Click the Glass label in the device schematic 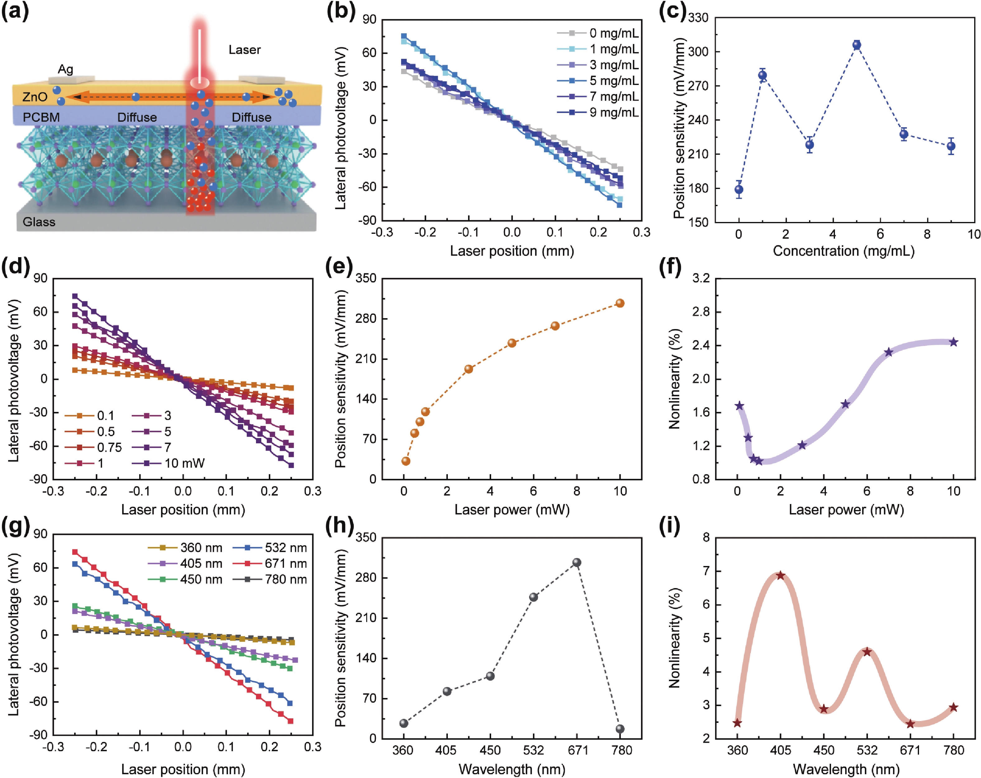[x=39, y=222]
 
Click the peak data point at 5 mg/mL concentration [x=857, y=45]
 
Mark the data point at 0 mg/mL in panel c [x=739, y=190]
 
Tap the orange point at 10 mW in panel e [x=620, y=303]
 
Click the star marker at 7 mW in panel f [x=888, y=352]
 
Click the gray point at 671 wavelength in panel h [x=576, y=562]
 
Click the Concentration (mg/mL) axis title [x=843, y=251]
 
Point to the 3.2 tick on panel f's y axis [x=701, y=278]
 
